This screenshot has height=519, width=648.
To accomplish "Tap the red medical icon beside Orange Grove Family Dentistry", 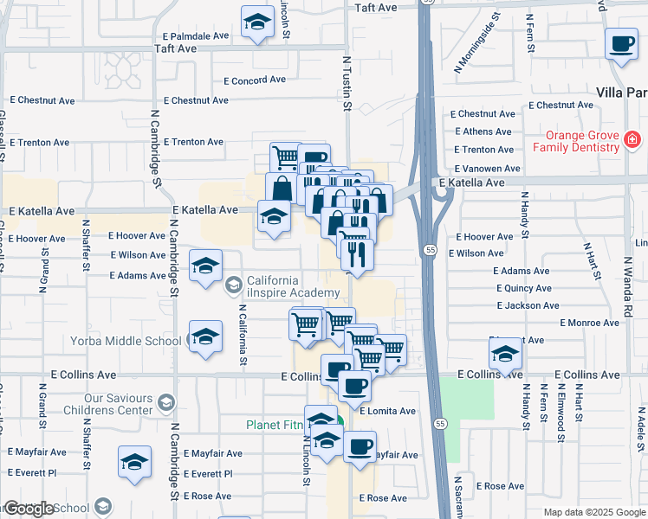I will pos(632,138).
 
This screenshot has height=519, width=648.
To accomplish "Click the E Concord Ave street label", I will pos(254,80).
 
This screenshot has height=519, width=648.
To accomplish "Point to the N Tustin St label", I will pos(347,85).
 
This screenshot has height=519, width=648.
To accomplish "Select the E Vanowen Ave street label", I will pos(487,169).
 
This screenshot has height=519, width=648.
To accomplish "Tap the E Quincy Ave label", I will pos(523,288).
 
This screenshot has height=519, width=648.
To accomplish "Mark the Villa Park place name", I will pos(622,93).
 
